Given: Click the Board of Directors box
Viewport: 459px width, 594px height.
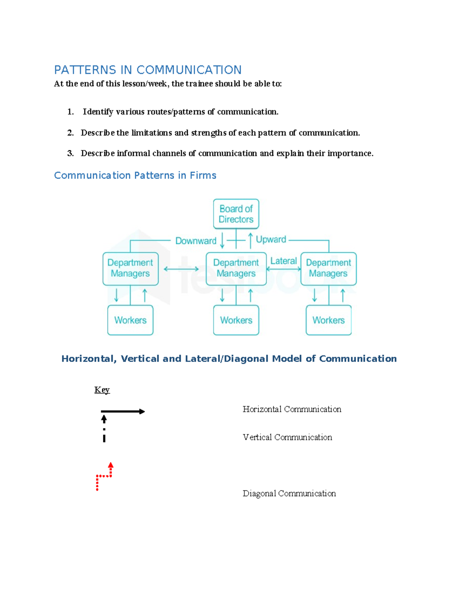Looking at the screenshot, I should pyautogui.click(x=236, y=214).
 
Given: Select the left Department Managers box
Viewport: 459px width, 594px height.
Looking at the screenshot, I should pyautogui.click(x=130, y=269).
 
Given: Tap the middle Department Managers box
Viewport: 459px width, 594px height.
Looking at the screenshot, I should pyautogui.click(x=236, y=269).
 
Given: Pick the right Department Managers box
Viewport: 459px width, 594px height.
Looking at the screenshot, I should pyautogui.click(x=328, y=269).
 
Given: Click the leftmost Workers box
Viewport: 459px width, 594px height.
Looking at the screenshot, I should pyautogui.click(x=130, y=320).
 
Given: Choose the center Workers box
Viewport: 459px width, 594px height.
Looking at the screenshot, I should pyautogui.click(x=236, y=320).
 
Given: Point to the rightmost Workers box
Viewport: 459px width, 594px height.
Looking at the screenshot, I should pyautogui.click(x=328, y=320).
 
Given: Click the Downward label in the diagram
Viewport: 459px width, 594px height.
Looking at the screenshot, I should pyautogui.click(x=195, y=241).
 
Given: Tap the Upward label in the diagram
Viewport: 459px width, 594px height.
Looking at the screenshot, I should pyautogui.click(x=271, y=239).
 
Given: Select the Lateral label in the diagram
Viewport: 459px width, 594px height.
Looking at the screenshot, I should pyautogui.click(x=283, y=261).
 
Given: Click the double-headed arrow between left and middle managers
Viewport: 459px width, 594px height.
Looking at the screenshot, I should pyautogui.click(x=181, y=269).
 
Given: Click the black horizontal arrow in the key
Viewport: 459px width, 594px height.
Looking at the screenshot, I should pyautogui.click(x=122, y=412).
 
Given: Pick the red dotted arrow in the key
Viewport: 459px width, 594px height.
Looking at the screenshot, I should pyautogui.click(x=104, y=476).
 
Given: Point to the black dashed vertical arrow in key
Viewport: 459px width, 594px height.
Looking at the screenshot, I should pyautogui.click(x=104, y=429).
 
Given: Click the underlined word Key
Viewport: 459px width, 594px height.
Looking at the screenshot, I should pyautogui.click(x=102, y=390).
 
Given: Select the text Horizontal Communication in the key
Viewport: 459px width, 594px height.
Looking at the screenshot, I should pyautogui.click(x=292, y=409).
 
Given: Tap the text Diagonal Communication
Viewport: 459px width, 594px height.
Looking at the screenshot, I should pyautogui.click(x=289, y=493).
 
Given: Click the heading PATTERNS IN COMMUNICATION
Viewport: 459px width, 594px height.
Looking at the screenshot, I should pyautogui.click(x=148, y=70).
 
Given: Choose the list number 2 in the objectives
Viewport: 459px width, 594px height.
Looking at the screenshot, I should pyautogui.click(x=70, y=133).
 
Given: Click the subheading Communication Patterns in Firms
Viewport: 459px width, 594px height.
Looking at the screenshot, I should pyautogui.click(x=135, y=176).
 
